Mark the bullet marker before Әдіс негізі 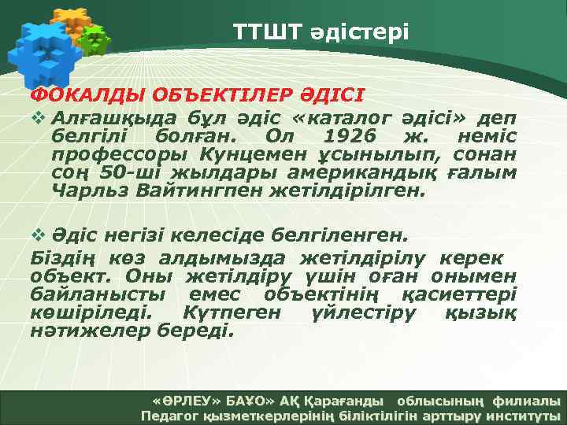pos(37,235)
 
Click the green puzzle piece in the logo pos(96,39)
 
